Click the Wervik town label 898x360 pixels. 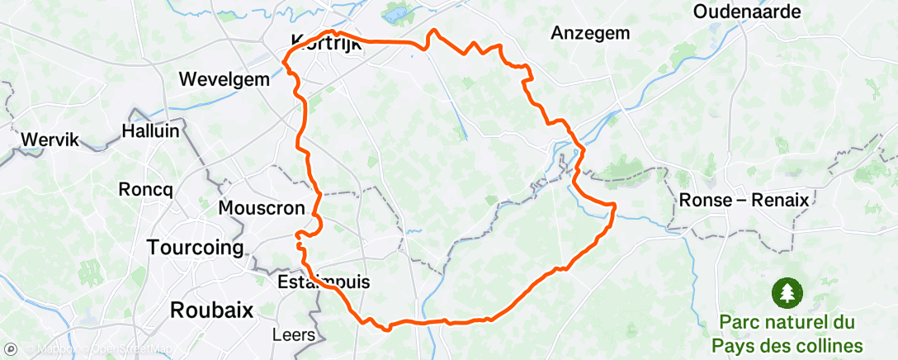click(x=50, y=140)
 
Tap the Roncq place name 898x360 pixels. click(x=145, y=189)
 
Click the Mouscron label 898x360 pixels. click(x=262, y=207)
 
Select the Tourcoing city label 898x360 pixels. click(x=195, y=247)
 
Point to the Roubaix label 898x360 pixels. click(x=210, y=310)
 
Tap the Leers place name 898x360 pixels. click(x=293, y=335)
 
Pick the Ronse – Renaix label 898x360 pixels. click(x=742, y=200)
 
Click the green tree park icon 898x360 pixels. click(x=786, y=292)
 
